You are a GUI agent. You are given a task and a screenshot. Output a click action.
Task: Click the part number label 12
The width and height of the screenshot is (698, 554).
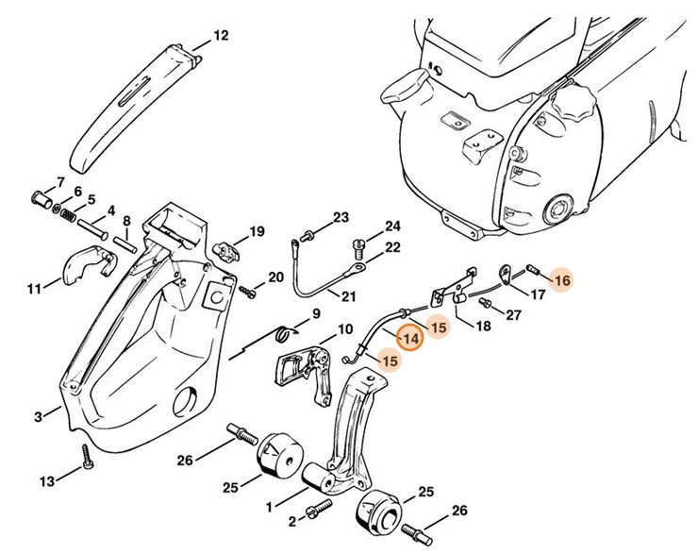pyautogui.click(x=221, y=36)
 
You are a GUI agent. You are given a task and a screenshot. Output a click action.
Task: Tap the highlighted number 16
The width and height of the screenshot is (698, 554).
pyautogui.click(x=561, y=279)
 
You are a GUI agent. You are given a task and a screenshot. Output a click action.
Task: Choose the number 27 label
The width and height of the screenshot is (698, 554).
pyautogui.click(x=513, y=315)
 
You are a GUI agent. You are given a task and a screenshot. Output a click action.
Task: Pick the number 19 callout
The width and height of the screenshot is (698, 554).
pyautogui.click(x=257, y=231)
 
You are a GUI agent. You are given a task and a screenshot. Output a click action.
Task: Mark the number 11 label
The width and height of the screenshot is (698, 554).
pyautogui.click(x=35, y=288)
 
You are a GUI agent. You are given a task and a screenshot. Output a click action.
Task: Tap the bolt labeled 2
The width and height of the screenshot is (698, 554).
pyautogui.click(x=317, y=509)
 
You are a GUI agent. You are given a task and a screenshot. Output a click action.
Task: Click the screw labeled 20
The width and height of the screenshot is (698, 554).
pyautogui.click(x=247, y=290)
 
